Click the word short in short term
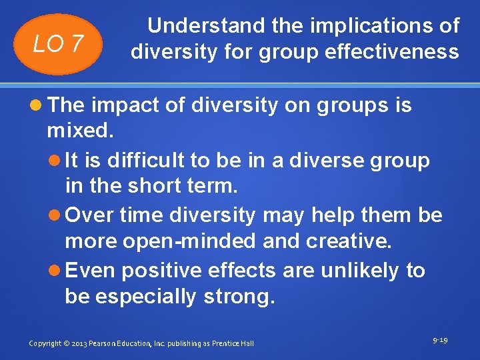[x=159, y=186]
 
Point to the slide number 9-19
[x=439, y=340]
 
